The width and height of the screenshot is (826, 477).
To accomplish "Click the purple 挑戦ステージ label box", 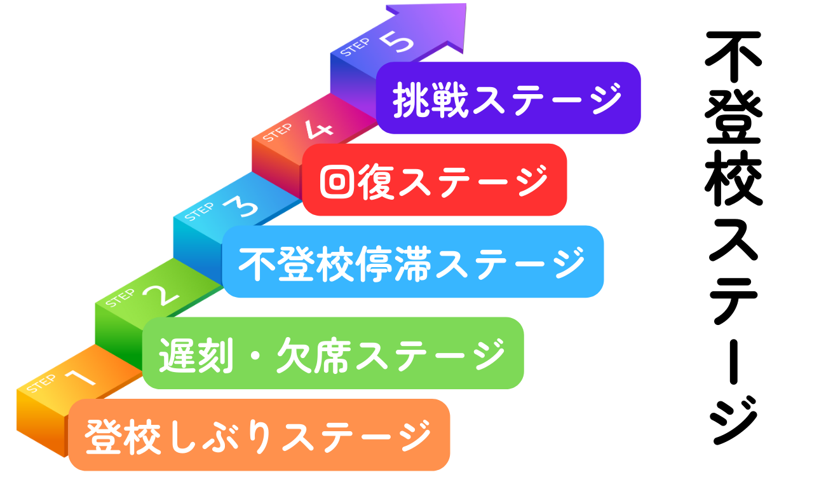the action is click(x=508, y=98).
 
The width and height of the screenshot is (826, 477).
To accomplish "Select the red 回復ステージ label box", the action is click(x=435, y=180).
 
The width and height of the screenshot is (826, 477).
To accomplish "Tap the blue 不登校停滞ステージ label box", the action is click(x=412, y=261).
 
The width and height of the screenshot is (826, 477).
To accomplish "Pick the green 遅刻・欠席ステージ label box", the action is click(x=333, y=353).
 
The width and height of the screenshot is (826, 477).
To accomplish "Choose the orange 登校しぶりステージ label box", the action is click(x=259, y=435).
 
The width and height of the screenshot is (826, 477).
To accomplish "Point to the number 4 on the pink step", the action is click(x=318, y=129).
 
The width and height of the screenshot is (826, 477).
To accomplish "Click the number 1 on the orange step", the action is click(x=81, y=377).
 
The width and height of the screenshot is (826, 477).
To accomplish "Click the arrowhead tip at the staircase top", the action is click(x=466, y=4).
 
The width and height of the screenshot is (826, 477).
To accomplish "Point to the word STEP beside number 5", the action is click(x=355, y=47).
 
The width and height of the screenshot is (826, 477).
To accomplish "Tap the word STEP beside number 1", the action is click(x=41, y=384).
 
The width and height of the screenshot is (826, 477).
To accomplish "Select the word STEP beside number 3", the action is click(x=199, y=212).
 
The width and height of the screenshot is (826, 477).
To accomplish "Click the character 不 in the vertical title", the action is click(x=733, y=57).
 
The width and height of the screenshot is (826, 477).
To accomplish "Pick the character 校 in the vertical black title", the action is click(x=733, y=178).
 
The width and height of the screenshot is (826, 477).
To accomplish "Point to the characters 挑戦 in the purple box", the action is click(x=430, y=100).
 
